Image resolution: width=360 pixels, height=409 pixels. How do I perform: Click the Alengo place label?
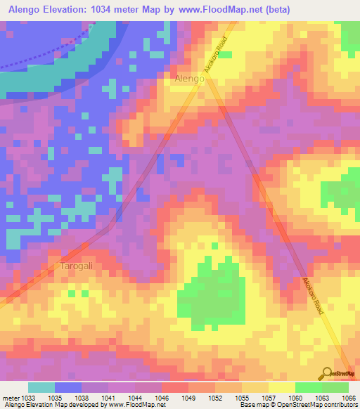(x=189, y=79)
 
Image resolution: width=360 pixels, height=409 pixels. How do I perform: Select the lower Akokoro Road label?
(x=312, y=295)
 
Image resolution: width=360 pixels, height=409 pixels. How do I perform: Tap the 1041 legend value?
(x=108, y=397)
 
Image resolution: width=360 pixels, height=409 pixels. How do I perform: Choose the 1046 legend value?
(x=162, y=397)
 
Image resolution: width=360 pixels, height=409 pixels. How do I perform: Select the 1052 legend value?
(x=216, y=397)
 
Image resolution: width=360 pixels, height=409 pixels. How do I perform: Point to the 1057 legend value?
(x=269, y=397)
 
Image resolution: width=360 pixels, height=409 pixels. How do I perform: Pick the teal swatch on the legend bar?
(x=41, y=387)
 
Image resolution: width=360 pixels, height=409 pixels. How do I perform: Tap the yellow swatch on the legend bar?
(x=282, y=387)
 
